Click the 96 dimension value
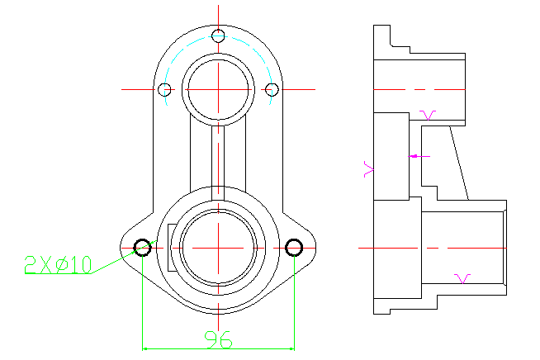[x=218, y=339]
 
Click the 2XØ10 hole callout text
[x=58, y=264]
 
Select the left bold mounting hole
[x=142, y=248]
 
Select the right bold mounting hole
[x=294, y=248]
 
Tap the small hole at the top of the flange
[x=218, y=36]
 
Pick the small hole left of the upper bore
[x=164, y=89]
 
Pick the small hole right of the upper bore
[x=272, y=89]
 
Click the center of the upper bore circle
[x=218, y=89]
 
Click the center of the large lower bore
[x=218, y=248]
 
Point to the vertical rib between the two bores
[x=218, y=163]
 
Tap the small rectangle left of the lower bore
[x=172, y=248]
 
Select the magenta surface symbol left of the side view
[x=368, y=169]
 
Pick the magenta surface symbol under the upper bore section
[x=428, y=115]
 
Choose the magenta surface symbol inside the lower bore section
[x=462, y=279]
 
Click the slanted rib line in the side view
[x=459, y=163]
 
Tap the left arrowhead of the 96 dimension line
[x=145, y=348]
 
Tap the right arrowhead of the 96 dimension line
[x=291, y=348]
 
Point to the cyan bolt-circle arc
[x=218, y=36]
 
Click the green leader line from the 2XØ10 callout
[x=124, y=257]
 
